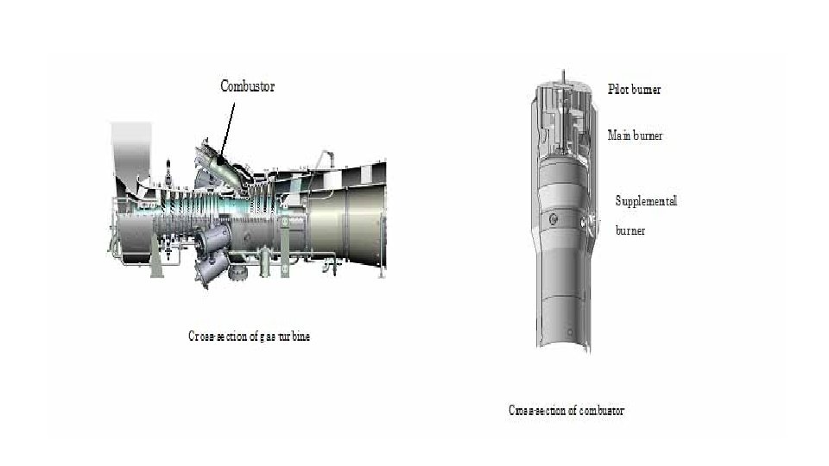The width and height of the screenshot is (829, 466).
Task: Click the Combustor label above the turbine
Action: (247, 85)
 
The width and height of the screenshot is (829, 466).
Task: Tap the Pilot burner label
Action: (635, 89)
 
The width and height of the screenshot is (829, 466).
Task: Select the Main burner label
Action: (636, 135)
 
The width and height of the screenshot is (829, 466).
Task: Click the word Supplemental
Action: (646, 201)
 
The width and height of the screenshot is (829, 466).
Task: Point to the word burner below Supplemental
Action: (630, 231)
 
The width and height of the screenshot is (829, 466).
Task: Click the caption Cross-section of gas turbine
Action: (249, 337)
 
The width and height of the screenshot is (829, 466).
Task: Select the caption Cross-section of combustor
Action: (566, 411)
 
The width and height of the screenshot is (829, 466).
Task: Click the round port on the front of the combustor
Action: (554, 221)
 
